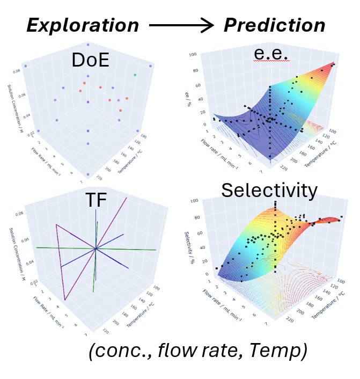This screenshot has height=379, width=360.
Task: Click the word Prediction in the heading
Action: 274,25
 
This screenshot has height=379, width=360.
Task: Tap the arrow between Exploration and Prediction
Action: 181,25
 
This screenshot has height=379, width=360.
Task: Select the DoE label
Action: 90,60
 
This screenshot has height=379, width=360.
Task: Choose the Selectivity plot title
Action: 269,190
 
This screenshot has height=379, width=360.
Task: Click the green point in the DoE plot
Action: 135,75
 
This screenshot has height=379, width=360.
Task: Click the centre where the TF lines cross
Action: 95,248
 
